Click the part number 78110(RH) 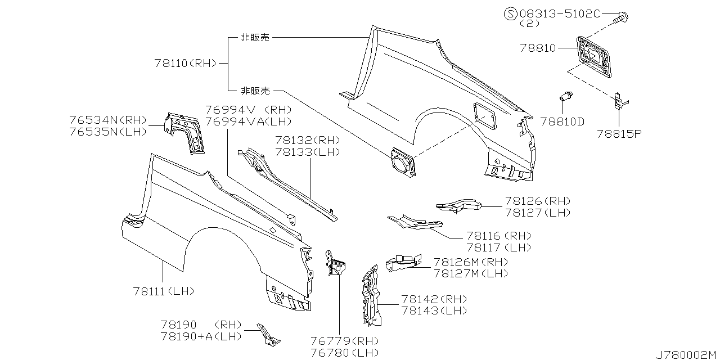point(185,64)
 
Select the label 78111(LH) point(164,291)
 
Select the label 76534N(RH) point(108,120)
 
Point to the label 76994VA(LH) point(248,121)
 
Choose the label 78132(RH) point(307,140)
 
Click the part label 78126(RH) point(537,201)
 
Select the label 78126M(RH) point(471,262)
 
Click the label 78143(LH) point(434,310)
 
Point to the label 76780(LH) point(344,353)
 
